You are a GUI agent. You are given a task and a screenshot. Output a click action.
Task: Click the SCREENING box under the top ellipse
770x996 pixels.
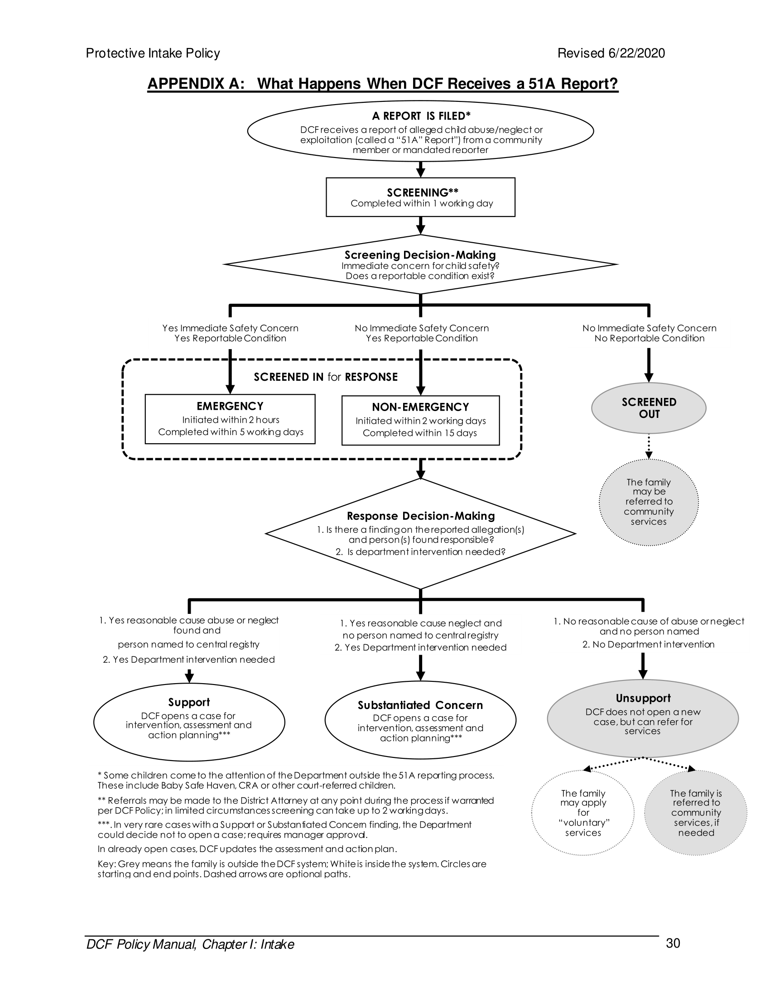tap(420, 197)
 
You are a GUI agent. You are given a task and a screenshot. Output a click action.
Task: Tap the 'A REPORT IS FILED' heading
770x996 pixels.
tap(421, 116)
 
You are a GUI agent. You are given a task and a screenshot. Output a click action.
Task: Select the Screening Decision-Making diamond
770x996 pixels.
tap(420, 264)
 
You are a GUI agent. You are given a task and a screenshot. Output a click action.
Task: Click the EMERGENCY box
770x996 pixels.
tap(230, 419)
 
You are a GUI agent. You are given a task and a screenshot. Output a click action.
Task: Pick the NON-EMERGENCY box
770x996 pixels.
tap(420, 420)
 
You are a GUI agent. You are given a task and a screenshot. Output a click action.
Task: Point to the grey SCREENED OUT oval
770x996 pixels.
tap(648, 408)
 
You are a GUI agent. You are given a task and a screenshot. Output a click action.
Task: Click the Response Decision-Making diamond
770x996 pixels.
tap(420, 533)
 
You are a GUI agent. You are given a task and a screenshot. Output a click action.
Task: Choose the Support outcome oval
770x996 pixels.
tap(189, 722)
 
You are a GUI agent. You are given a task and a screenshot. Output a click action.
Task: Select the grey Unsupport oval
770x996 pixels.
tap(642, 718)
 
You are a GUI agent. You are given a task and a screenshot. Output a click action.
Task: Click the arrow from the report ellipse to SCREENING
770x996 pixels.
tap(421, 169)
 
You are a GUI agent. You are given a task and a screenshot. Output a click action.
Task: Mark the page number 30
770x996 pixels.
tap(673, 943)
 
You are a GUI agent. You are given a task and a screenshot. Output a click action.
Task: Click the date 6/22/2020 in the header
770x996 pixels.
tap(636, 53)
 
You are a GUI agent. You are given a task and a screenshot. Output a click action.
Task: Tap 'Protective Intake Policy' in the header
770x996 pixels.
tap(153, 53)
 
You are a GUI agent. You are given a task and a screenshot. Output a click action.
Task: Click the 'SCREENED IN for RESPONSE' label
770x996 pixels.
tap(325, 377)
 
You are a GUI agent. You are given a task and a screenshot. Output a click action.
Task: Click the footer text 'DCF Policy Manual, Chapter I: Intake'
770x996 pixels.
tap(190, 944)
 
